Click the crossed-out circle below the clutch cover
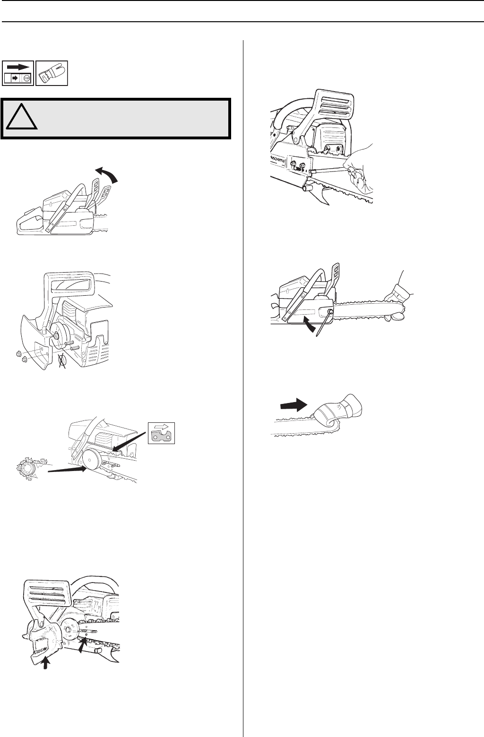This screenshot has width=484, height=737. [x=61, y=361]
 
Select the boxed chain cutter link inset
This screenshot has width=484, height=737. [x=162, y=433]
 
